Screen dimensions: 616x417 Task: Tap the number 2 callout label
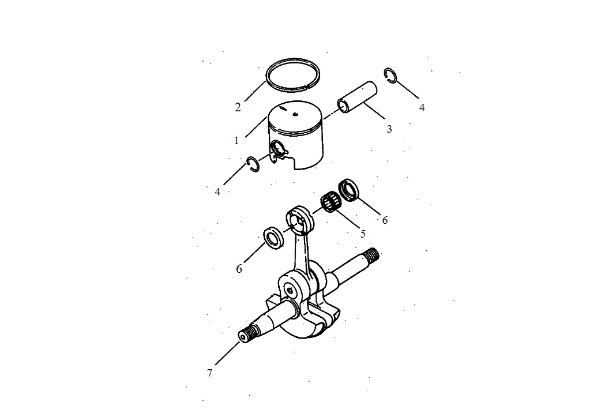pyautogui.click(x=238, y=107)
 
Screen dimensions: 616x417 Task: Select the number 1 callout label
pyautogui.click(x=236, y=140)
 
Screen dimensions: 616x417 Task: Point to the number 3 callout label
pyautogui.click(x=389, y=129)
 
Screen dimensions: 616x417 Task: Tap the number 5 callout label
pyautogui.click(x=363, y=234)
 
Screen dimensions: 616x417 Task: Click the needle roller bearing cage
pyautogui.click(x=331, y=201)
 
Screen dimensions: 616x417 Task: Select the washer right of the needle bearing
pyautogui.click(x=348, y=189)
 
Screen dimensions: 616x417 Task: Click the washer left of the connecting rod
pyautogui.click(x=273, y=238)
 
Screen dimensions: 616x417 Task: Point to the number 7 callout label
pyautogui.click(x=210, y=373)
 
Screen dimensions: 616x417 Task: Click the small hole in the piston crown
pyautogui.click(x=295, y=114)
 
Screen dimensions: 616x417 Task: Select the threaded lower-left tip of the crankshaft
pyautogui.click(x=247, y=335)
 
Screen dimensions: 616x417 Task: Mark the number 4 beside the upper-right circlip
pyautogui.click(x=422, y=107)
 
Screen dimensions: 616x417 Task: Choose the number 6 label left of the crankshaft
pyautogui.click(x=239, y=269)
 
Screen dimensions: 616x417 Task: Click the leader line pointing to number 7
pyautogui.click(x=227, y=354)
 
